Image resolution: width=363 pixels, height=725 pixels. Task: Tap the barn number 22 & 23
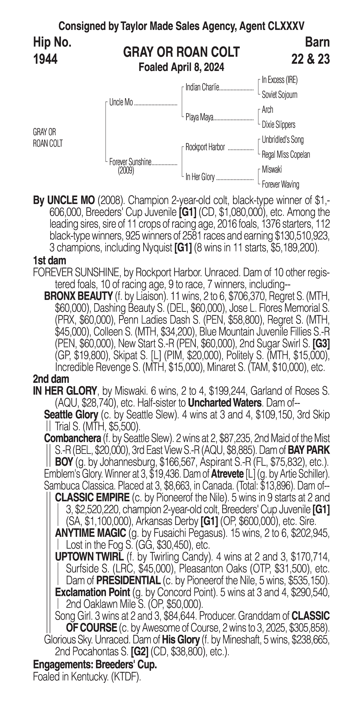coord(310,59)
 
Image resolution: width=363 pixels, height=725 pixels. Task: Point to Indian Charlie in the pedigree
coord(202,88)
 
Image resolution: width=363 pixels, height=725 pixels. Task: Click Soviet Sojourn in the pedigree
coord(279,95)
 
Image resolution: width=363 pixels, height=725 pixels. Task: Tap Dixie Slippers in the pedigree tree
coord(278,125)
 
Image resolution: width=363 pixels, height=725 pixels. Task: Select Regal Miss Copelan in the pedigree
coord(286,154)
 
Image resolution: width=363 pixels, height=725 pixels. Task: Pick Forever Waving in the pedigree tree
coord(280,185)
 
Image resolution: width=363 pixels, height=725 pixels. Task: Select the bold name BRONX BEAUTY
coord(78,296)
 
